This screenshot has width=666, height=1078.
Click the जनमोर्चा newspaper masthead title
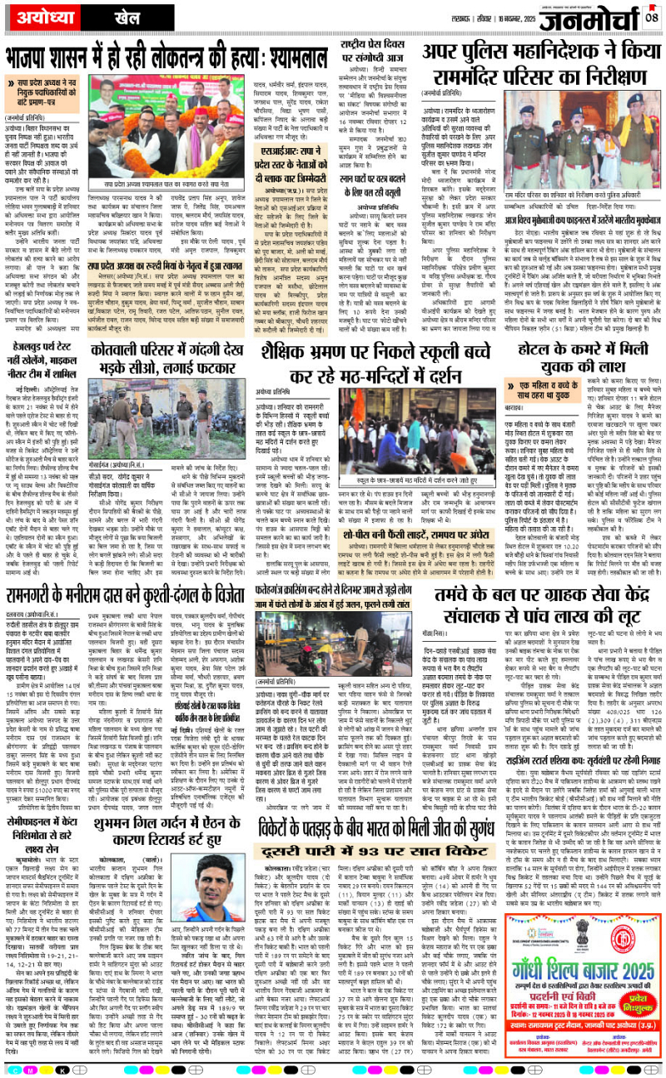[x=588, y=19]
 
